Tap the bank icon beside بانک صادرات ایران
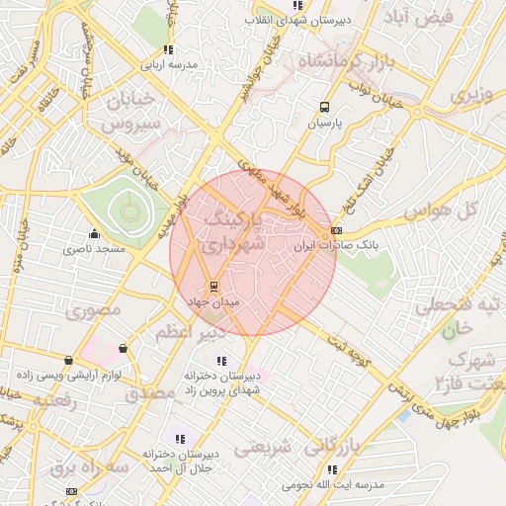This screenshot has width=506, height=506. click(x=337, y=230)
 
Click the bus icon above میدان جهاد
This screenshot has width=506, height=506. click(x=214, y=287)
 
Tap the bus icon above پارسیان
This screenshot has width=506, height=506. click(x=324, y=109)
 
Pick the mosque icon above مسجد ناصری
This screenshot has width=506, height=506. click(x=94, y=234)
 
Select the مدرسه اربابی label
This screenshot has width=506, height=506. click(x=168, y=64)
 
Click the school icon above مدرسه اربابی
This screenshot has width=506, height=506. click(x=168, y=49)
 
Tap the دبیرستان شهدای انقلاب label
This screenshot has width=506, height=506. click(x=296, y=21)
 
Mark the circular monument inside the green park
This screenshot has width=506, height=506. click(x=126, y=209)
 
